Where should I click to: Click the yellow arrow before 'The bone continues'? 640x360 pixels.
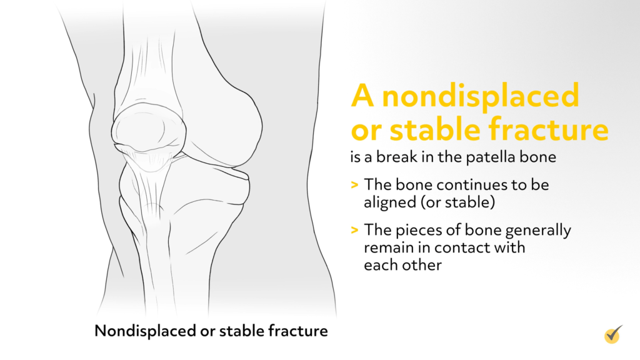coord(355,185)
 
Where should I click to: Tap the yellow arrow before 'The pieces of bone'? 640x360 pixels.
coord(355,231)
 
